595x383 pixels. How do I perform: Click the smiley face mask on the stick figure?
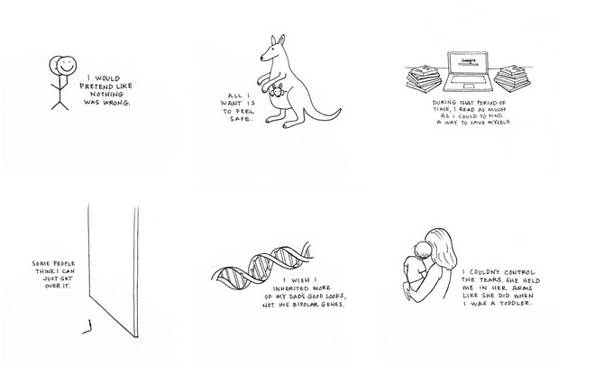click(x=67, y=65)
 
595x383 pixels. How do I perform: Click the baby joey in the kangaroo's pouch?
click(x=276, y=91)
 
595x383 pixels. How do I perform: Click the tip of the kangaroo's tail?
click(x=340, y=110)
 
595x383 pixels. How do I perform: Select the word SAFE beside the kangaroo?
click(x=241, y=119)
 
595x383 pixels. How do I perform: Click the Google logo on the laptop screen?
click(x=468, y=60)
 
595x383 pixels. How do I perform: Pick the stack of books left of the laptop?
click(x=425, y=78)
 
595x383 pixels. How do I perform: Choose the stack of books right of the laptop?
click(x=512, y=78)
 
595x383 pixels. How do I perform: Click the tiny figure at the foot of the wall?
click(x=87, y=327)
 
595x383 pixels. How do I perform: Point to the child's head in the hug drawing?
click(x=422, y=249)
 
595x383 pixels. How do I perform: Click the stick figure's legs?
click(x=60, y=105)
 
